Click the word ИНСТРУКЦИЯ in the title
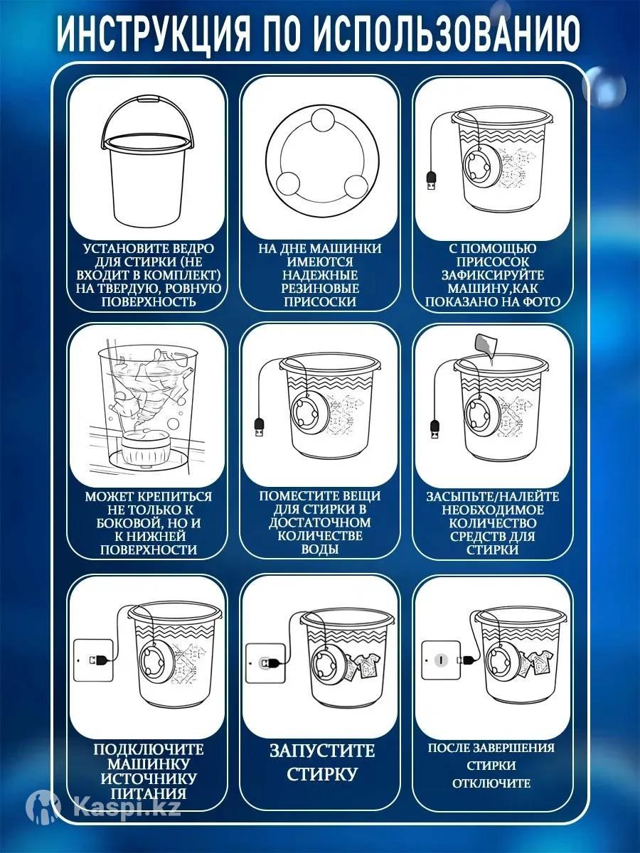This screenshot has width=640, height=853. pos(154,36)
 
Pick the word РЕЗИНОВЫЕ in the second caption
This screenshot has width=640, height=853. pos(320,289)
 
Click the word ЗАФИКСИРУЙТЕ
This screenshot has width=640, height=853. pos(493,275)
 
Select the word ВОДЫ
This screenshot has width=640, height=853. pos(320,549)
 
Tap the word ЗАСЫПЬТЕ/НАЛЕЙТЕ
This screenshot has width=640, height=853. pos(493,497)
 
